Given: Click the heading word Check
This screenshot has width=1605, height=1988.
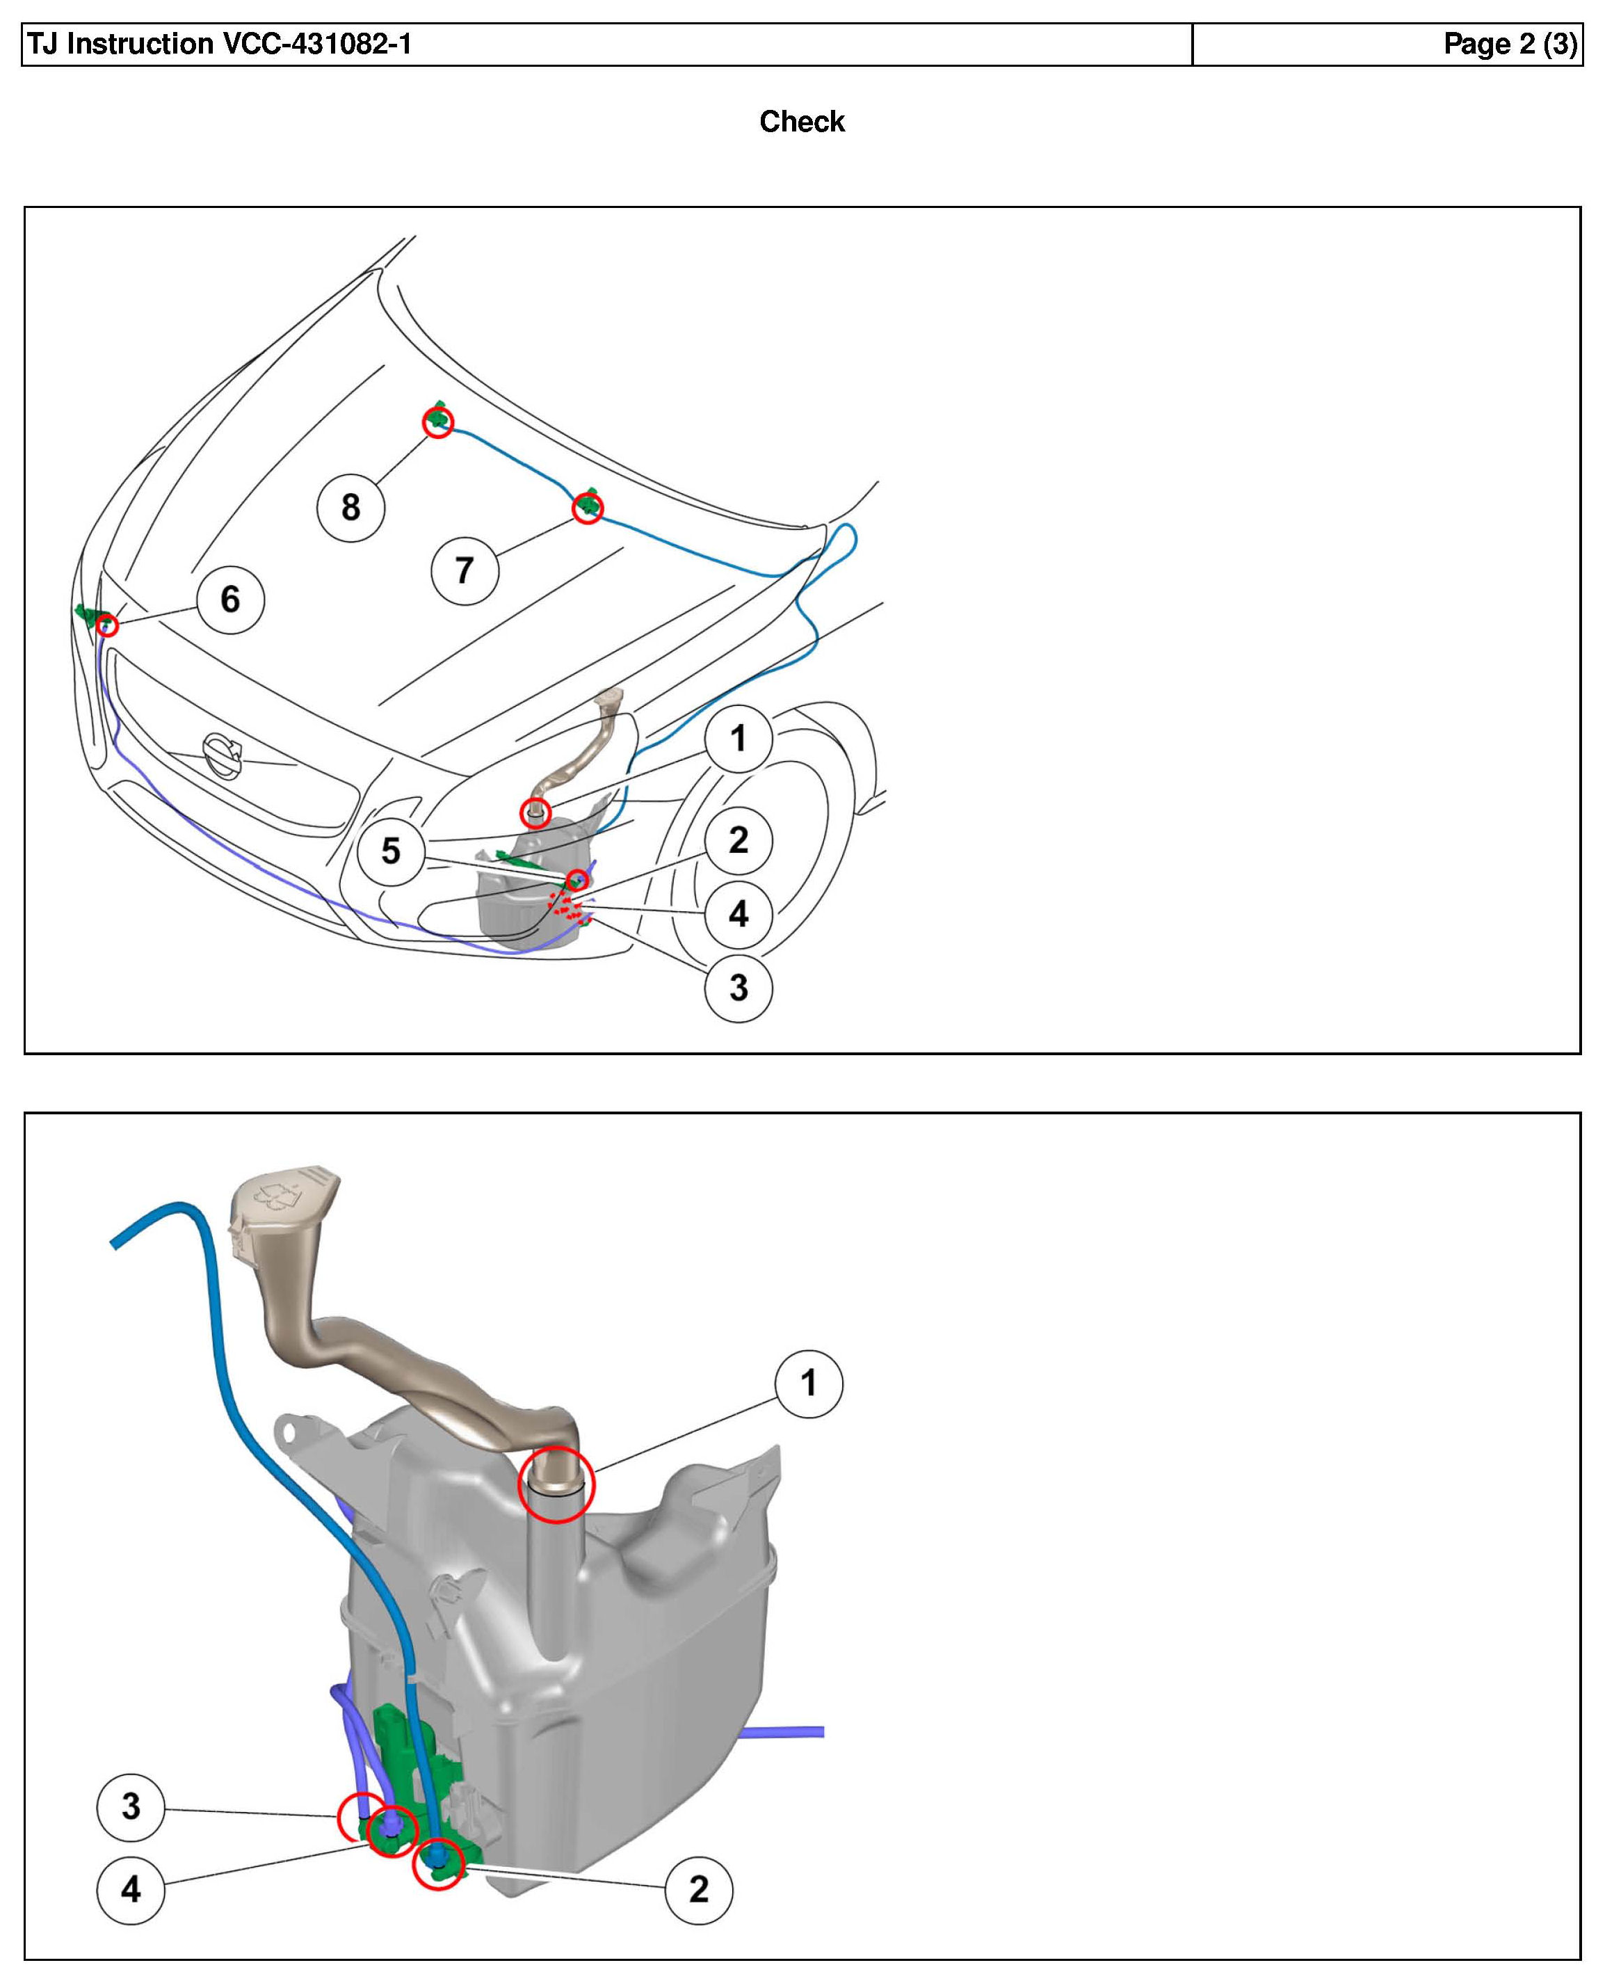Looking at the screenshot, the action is (x=802, y=121).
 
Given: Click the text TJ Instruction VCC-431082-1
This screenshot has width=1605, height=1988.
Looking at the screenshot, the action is (x=220, y=45).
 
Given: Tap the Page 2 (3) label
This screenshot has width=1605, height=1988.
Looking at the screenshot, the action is (x=1509, y=45).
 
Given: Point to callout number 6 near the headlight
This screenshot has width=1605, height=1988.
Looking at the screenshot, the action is (x=230, y=599).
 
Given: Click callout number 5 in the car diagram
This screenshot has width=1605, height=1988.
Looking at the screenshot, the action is (x=391, y=851).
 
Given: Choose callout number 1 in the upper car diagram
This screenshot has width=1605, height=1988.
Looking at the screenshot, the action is (x=738, y=738).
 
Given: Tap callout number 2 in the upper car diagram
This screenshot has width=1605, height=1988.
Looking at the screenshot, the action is (x=738, y=840).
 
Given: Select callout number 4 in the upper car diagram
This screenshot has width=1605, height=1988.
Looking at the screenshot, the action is (x=738, y=913).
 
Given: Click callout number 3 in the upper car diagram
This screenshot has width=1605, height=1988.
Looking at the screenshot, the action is (x=738, y=988).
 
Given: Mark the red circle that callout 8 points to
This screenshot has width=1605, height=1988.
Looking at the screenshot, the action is (x=438, y=422).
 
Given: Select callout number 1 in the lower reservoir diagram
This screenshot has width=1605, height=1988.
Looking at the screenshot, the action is (x=809, y=1384).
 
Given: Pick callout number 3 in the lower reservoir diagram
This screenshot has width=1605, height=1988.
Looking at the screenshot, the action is (x=131, y=1806).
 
